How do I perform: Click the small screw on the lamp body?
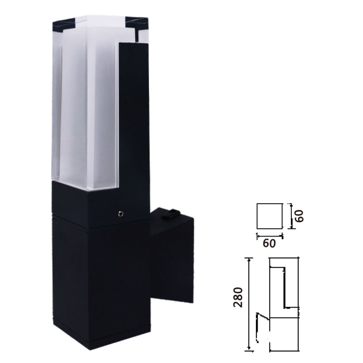[x=120, y=212]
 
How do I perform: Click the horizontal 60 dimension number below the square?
[x=270, y=244]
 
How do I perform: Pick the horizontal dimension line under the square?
[x=270, y=235]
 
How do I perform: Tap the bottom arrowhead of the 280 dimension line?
[x=249, y=349]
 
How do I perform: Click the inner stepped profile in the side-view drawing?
[x=285, y=286]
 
